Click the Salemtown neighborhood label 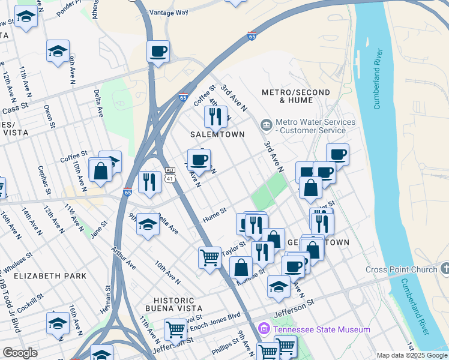[x=218, y=134]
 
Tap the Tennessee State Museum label [x=321, y=329]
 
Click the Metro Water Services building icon [x=266, y=125]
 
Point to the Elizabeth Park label [x=50, y=276]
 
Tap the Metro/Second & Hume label [x=296, y=97]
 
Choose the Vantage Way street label [x=169, y=12]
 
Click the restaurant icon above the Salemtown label [x=215, y=115]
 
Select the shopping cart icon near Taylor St [x=209, y=257]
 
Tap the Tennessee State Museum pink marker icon [x=264, y=329]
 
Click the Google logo [x=20, y=353]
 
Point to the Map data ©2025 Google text [x=412, y=355]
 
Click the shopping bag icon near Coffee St [x=101, y=170]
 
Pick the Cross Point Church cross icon [x=444, y=268]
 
